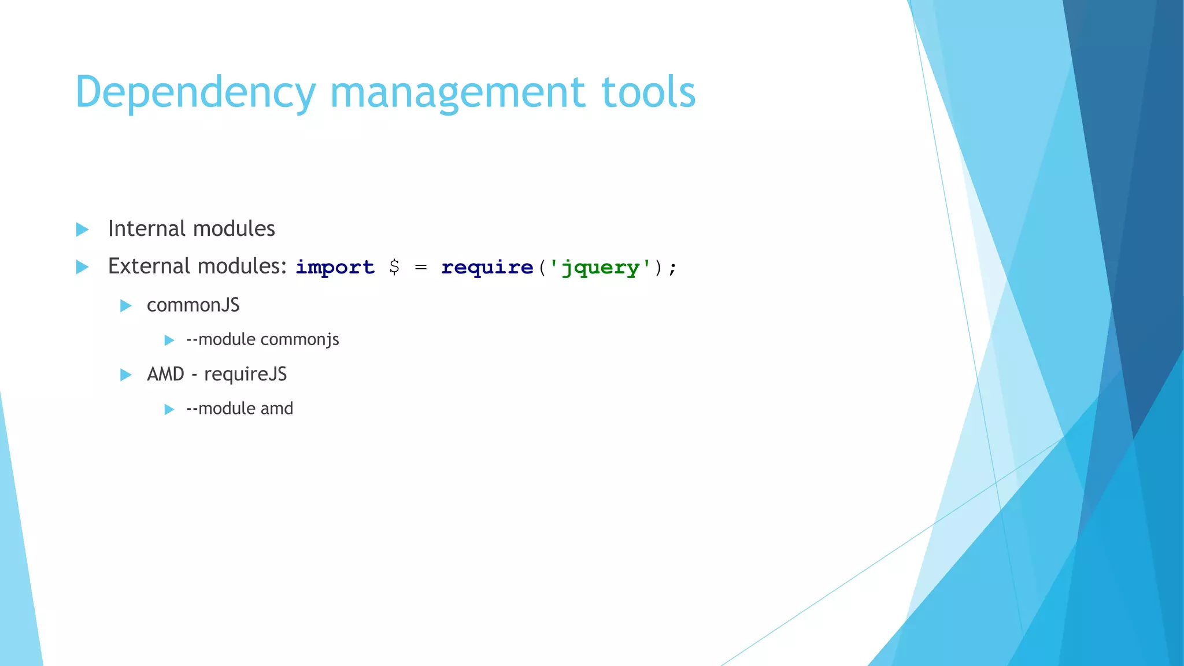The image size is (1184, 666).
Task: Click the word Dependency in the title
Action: [195, 92]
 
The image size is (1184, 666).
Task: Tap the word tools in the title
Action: [648, 92]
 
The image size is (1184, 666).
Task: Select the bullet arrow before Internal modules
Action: [83, 230]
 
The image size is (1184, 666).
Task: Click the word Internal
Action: [146, 229]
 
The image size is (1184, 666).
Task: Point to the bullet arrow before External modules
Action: [83, 267]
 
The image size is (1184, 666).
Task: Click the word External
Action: [149, 267]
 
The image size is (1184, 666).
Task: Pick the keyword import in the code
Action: [335, 267]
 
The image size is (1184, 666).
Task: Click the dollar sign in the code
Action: [394, 267]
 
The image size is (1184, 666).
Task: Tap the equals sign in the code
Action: [421, 267]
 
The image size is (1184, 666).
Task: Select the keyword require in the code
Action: [487, 267]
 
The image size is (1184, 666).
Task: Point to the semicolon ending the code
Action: [672, 268]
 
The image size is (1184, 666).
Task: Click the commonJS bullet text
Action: [193, 305]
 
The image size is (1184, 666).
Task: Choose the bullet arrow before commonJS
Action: [126, 306]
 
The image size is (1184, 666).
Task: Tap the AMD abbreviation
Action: [165, 374]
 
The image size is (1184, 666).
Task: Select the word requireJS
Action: [245, 375]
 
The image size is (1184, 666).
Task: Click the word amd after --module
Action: [277, 409]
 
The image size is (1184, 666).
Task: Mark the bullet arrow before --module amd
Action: [169, 409]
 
